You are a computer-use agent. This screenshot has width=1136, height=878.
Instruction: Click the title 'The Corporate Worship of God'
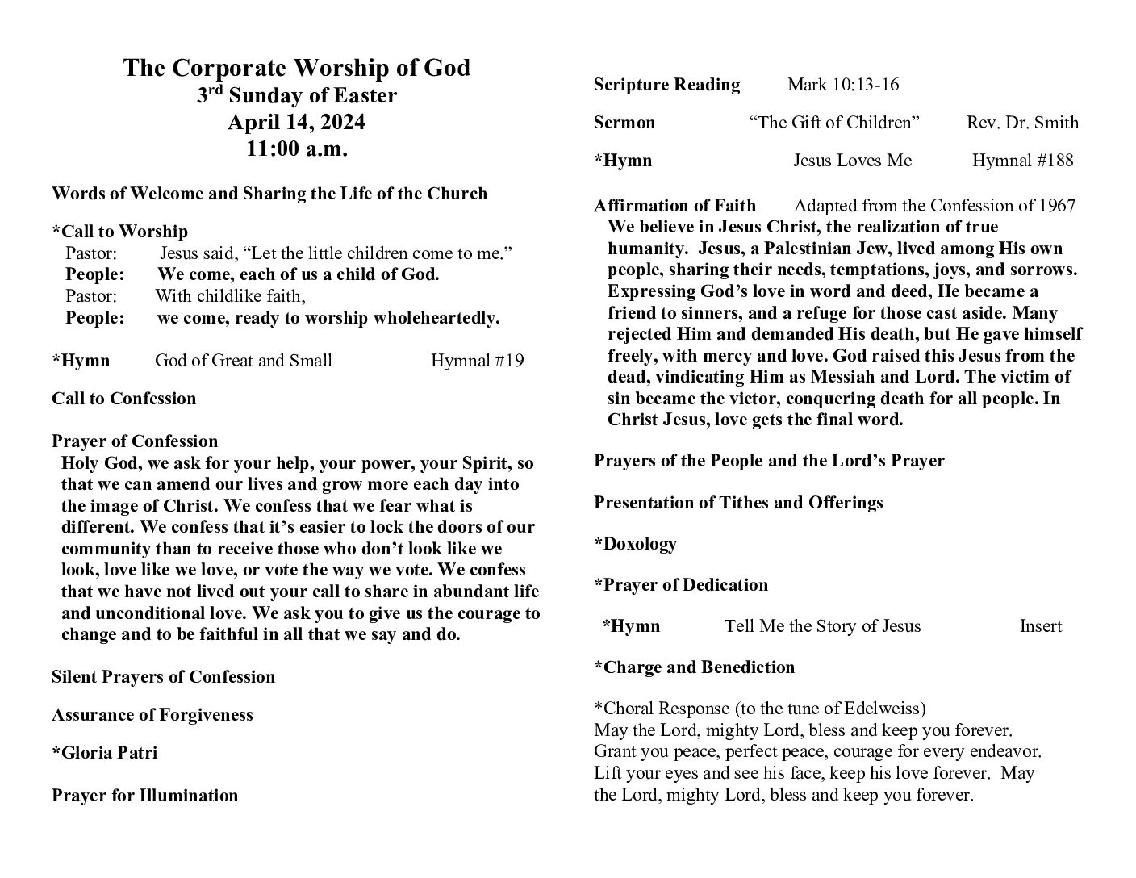296,68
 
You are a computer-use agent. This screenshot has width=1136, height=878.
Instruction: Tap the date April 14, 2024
296,122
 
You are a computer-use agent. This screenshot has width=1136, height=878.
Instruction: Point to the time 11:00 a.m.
296,149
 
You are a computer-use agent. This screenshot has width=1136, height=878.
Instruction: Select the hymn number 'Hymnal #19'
477,361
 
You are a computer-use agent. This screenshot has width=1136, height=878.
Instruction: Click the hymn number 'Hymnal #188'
1022,161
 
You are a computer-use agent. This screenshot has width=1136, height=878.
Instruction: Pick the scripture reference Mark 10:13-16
843,85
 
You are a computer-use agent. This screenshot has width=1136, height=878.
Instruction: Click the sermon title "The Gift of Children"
834,123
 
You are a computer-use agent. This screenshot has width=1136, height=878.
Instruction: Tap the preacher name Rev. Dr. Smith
1022,123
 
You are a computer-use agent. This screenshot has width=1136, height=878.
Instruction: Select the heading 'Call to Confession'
124,399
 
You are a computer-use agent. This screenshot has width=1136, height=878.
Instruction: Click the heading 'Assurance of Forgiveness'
152,715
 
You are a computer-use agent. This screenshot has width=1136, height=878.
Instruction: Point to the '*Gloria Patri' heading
105,753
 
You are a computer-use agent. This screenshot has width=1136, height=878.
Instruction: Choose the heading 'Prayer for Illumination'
145,796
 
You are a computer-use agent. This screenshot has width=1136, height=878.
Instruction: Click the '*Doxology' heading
635,544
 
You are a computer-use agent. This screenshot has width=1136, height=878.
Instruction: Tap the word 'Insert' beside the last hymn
1040,626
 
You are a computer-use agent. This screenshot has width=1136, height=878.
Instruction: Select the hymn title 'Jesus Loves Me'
852,161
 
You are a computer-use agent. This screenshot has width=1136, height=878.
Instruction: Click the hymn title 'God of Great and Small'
244,361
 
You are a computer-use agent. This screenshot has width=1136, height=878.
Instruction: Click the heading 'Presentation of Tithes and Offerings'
738,503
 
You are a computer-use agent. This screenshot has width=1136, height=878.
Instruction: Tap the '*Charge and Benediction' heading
694,667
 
